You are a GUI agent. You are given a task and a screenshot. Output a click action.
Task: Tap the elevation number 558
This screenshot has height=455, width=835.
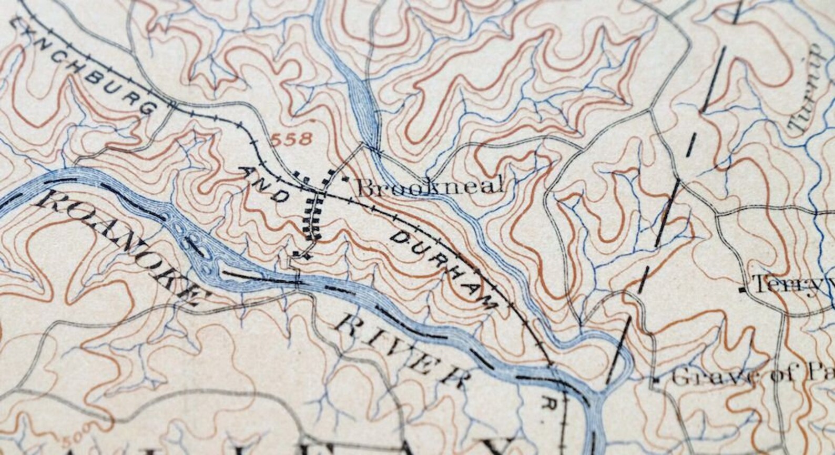(x=292, y=140)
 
